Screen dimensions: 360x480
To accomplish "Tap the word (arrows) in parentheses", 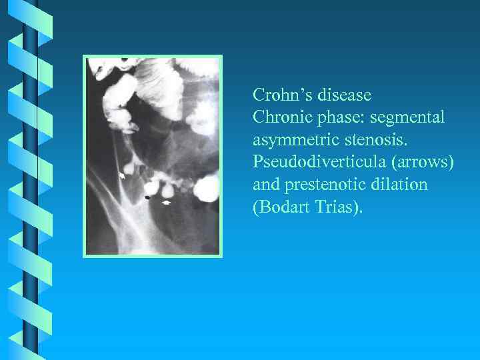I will (x=421, y=162).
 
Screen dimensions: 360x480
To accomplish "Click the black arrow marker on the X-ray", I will (x=147, y=198).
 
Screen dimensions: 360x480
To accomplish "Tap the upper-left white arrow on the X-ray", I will (x=122, y=175).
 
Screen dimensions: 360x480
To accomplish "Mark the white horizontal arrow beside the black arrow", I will (x=167, y=200).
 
